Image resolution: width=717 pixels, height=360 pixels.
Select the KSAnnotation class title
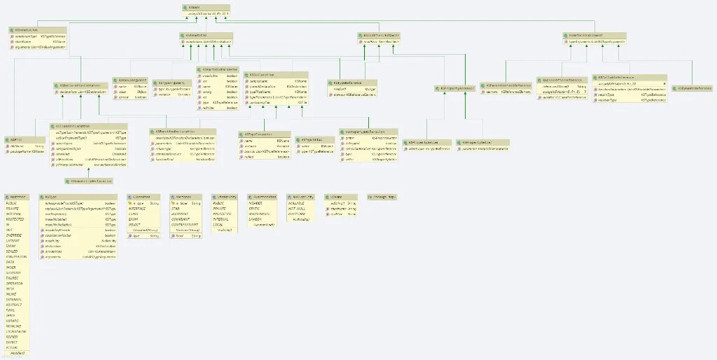click(x=28, y=29)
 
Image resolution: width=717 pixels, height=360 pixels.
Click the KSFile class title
click(x=13, y=139)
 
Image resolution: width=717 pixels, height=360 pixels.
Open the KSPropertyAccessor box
click(x=455, y=88)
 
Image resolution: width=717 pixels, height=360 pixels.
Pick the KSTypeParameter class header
click(x=259, y=133)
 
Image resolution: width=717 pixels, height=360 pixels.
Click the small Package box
click(x=381, y=197)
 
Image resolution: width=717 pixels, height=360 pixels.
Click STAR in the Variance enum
click(x=176, y=208)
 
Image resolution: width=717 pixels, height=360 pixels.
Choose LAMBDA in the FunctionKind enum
click(x=256, y=218)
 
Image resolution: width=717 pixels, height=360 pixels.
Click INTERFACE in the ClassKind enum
click(x=137, y=208)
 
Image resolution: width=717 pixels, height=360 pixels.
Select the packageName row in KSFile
click(x=25, y=151)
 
